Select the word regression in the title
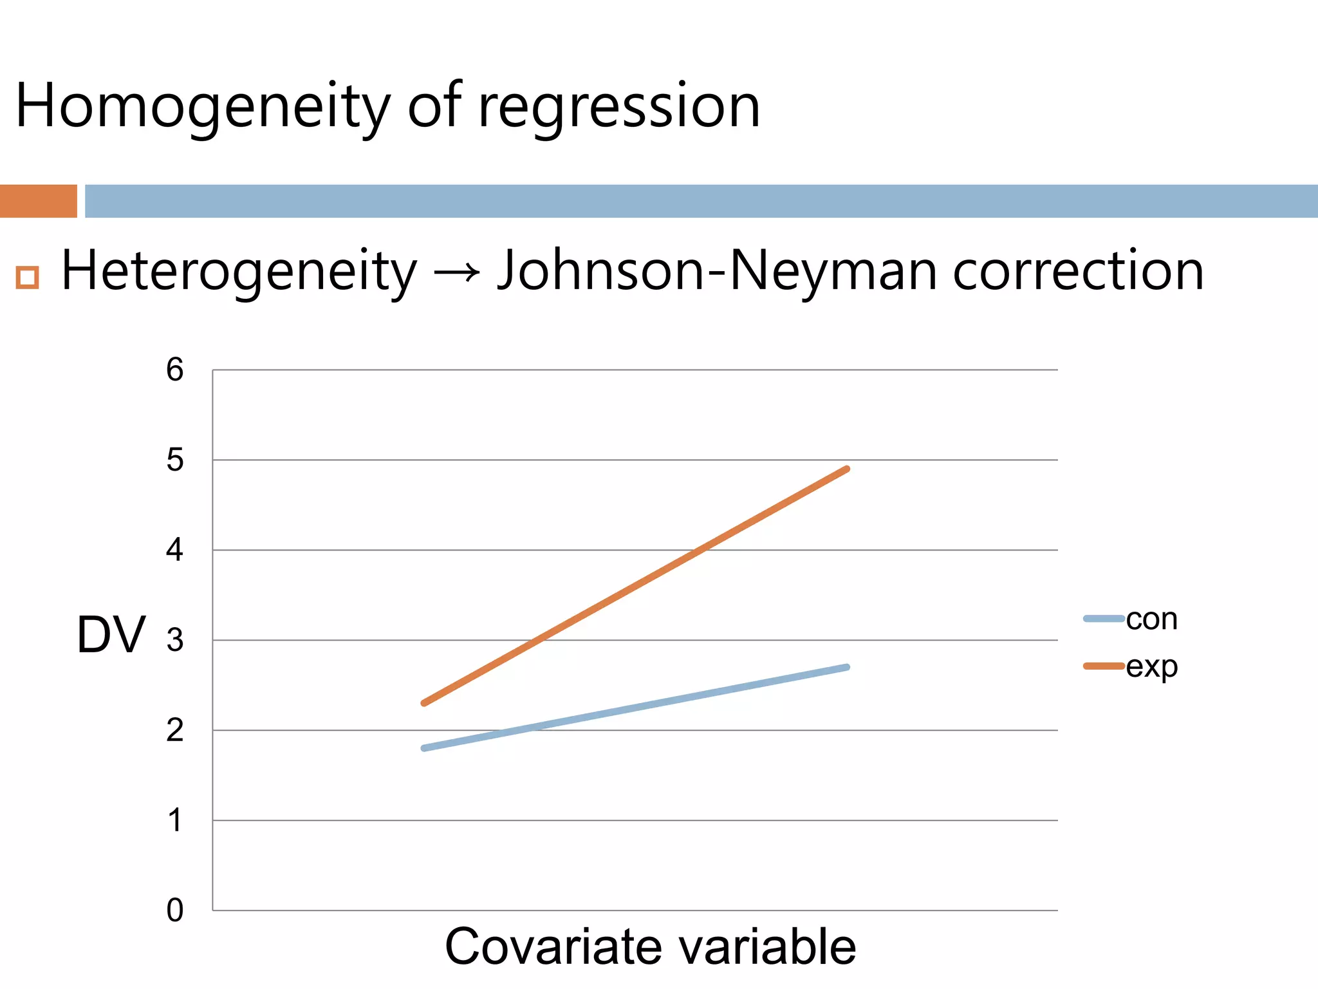(619, 106)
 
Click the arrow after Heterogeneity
(457, 272)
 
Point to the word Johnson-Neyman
(717, 271)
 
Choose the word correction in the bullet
(1078, 271)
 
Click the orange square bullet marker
(28, 278)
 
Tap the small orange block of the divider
(39, 201)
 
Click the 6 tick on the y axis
(174, 370)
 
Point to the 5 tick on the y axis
(174, 460)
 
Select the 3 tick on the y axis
(174, 640)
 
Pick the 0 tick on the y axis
(174, 910)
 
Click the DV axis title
(111, 635)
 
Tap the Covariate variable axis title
(650, 947)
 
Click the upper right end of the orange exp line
(847, 469)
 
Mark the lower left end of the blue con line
(424, 748)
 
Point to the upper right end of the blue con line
(847, 667)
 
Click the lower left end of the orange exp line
(424, 703)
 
